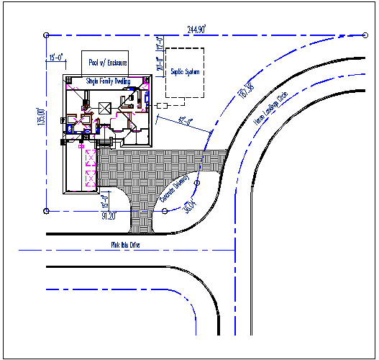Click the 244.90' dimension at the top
coord(196,30)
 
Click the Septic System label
coord(185,73)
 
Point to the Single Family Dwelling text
coord(108,81)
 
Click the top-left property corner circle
coord(47,34)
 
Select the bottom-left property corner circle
coord(47,210)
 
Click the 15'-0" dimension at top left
coord(57,56)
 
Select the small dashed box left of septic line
coord(158,106)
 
